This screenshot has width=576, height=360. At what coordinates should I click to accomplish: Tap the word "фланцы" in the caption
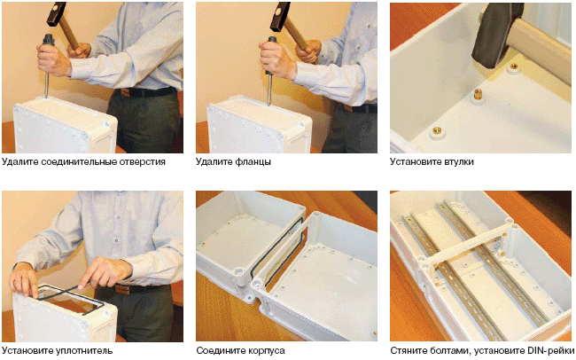pyautogui.click(x=253, y=161)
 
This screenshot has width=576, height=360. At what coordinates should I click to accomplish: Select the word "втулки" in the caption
pyautogui.click(x=458, y=161)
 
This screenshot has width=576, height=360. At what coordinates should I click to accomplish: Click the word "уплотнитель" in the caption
pyautogui.click(x=84, y=350)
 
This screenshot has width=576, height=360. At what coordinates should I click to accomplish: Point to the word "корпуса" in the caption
pyautogui.click(x=266, y=351)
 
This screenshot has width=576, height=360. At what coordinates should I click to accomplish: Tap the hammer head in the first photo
pyautogui.click(x=56, y=14)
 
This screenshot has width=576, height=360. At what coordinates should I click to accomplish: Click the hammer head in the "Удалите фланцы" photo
pyautogui.click(x=280, y=16)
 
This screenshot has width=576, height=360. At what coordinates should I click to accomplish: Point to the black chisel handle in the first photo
pyautogui.click(x=49, y=40)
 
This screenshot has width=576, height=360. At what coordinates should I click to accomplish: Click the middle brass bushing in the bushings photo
pyautogui.click(x=477, y=94)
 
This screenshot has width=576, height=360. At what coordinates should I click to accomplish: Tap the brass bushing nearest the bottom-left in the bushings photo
pyautogui.click(x=438, y=129)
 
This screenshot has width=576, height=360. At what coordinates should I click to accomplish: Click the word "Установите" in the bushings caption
pyautogui.click(x=415, y=161)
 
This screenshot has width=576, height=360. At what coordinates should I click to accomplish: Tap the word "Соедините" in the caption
pyautogui.click(x=220, y=351)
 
